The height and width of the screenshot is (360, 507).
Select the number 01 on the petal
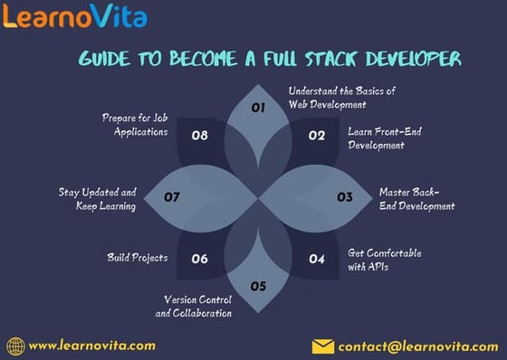click(x=257, y=107)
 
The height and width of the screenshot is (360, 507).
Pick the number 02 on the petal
click(x=316, y=136)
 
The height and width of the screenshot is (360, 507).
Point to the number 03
click(x=345, y=196)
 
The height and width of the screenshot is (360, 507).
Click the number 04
click(x=316, y=259)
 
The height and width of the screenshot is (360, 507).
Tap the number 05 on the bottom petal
click(x=258, y=286)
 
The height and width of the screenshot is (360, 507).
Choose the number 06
click(x=199, y=259)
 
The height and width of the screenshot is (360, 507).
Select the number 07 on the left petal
click(x=172, y=196)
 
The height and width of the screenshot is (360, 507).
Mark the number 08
click(x=200, y=136)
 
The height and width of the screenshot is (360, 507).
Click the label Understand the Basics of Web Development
click(x=341, y=98)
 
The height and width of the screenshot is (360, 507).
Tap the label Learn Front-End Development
click(x=384, y=137)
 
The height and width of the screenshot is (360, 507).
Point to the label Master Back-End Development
click(x=416, y=199)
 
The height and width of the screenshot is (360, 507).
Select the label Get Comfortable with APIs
click(x=384, y=259)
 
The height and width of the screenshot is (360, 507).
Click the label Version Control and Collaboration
click(x=197, y=306)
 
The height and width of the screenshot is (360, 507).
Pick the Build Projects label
click(x=137, y=258)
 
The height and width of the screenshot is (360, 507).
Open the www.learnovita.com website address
click(x=91, y=345)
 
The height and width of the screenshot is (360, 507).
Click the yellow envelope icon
click(x=322, y=346)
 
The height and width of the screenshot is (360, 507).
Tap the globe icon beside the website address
click(x=14, y=346)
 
